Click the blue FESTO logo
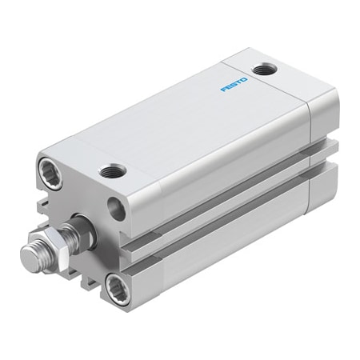click(234, 83)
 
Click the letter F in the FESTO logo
click(223, 89)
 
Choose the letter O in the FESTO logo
click(245, 78)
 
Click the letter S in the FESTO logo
click(234, 83)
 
